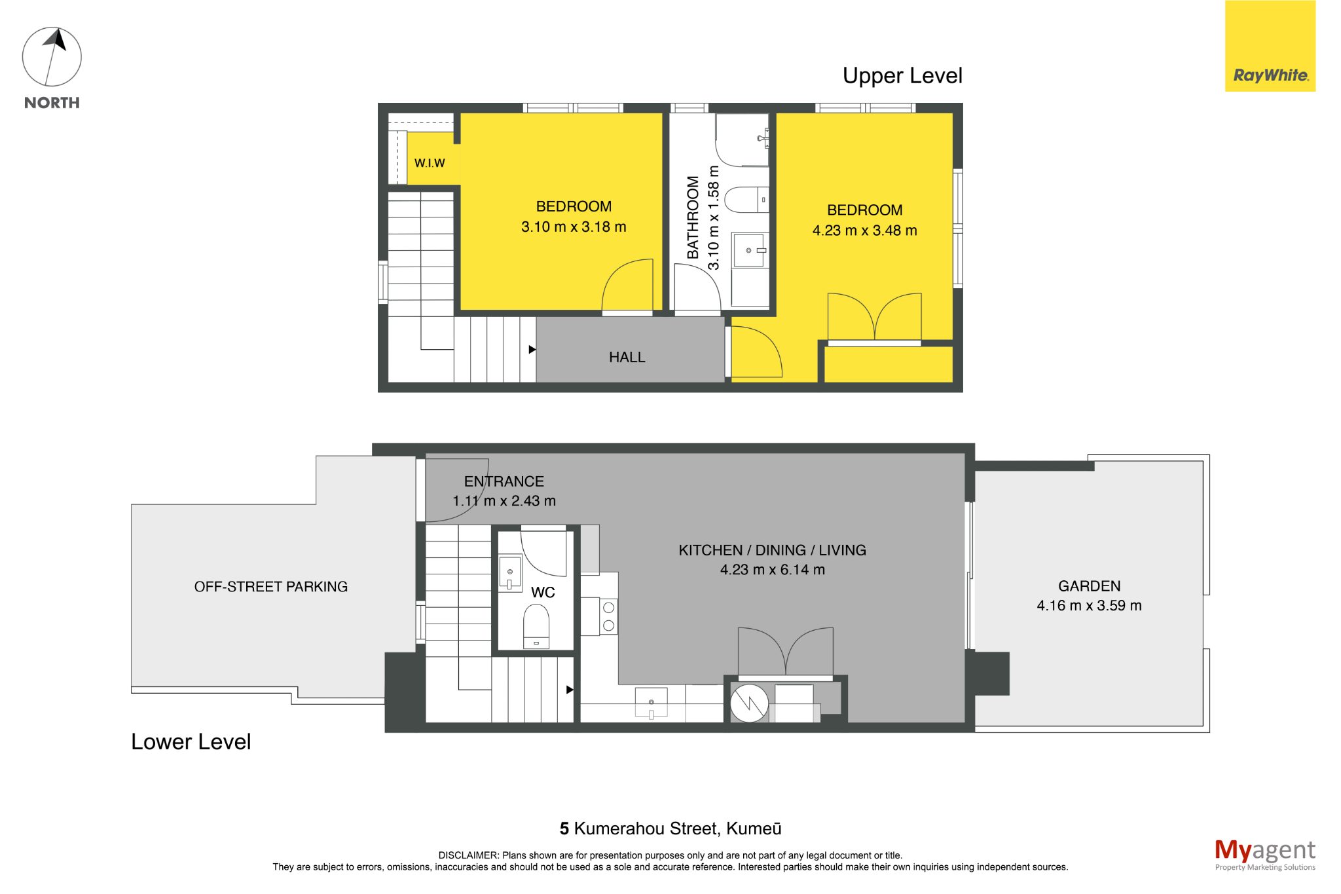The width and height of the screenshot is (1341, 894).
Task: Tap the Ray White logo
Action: coord(1270,46)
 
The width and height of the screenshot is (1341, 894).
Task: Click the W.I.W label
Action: coord(430,163)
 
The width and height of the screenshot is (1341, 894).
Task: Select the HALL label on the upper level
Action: coord(627,357)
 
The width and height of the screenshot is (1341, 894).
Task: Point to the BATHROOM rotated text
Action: coord(693,217)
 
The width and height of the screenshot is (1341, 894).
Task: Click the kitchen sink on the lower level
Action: coord(651,703)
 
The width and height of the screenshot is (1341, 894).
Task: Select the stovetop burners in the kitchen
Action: coord(608,616)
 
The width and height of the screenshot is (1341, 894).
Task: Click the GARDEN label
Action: coord(1089,586)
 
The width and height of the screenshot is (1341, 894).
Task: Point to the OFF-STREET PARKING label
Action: coord(270,587)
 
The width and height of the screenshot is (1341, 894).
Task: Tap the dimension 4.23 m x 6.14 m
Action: coord(772,570)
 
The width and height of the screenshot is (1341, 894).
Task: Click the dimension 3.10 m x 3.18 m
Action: coord(574,227)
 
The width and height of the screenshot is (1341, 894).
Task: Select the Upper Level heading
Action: coord(902,76)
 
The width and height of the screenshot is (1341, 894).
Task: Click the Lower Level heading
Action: coord(191,741)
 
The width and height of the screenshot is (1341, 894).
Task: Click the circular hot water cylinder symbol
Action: coord(749,703)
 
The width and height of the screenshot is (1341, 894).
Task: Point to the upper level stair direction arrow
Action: coord(532,350)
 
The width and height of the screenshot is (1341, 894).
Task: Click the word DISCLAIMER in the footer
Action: coord(468,855)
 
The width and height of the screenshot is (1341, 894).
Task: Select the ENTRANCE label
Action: coord(504,481)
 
